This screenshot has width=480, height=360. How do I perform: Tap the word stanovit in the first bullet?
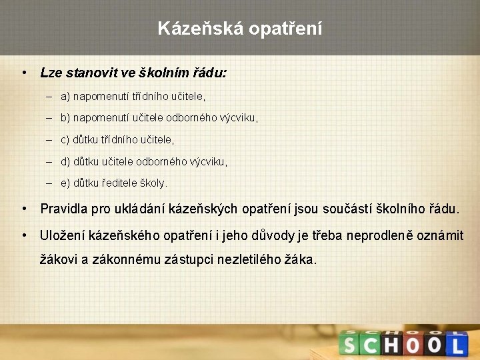(88, 73)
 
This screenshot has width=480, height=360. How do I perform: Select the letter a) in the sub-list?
(65, 97)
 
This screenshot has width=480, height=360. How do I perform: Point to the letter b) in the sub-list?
(65, 118)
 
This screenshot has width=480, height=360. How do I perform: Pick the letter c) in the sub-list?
(65, 139)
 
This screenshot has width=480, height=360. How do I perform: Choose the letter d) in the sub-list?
(65, 161)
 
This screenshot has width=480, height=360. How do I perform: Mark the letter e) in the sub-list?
(65, 182)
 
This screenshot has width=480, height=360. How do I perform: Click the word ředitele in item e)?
(119, 182)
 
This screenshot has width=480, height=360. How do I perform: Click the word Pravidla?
(65, 209)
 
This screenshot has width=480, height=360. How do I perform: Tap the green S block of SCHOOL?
(349, 345)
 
